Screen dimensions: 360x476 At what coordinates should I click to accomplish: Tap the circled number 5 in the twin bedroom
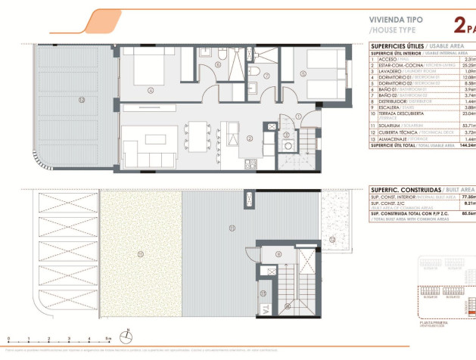[301, 73]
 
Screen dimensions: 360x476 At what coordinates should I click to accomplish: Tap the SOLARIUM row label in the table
[393, 126]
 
